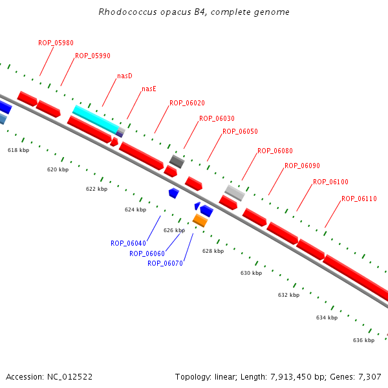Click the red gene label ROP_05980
56,43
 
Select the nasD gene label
125,76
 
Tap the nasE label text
149,89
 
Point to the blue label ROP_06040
128,243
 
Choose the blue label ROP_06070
165,263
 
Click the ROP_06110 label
359,199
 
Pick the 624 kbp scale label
135,210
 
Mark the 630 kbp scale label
251,273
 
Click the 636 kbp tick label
363,340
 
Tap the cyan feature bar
96,119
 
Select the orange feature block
200,221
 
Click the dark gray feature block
177,162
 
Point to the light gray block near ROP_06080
235,193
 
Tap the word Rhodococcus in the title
127,12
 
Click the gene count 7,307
370,377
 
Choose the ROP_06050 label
240,131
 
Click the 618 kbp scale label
18,150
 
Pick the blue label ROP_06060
147,253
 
